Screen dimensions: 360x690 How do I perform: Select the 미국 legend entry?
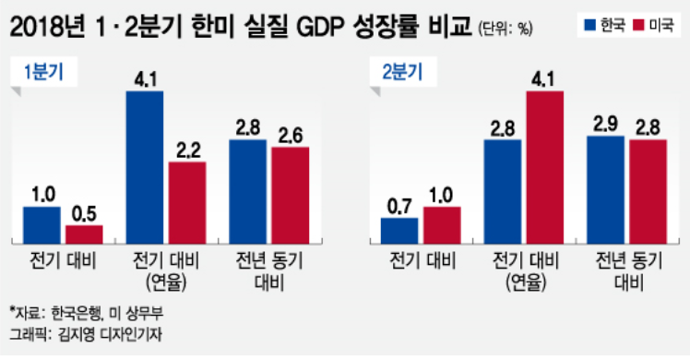point(650,23)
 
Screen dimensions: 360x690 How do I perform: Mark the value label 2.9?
point(605,124)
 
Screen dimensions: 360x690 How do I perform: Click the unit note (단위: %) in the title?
point(506,29)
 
